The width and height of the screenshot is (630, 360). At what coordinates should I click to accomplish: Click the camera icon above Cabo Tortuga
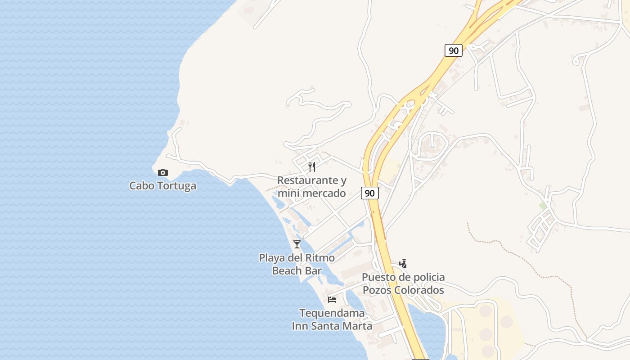[x=163, y=172]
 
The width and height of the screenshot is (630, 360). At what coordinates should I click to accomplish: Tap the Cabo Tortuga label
[x=163, y=185]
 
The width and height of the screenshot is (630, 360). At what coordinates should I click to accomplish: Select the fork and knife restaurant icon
[x=312, y=167]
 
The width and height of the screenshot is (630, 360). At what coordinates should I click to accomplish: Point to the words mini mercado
[x=311, y=193]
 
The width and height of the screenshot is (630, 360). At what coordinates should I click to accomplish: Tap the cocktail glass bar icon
[x=297, y=244]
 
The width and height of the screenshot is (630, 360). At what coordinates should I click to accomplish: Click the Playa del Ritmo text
[x=297, y=258]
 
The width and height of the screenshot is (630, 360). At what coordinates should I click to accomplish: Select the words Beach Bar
[x=297, y=270]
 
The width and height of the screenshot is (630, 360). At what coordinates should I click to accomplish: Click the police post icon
[x=403, y=264]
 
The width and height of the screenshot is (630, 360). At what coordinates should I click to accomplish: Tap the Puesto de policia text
[x=403, y=277]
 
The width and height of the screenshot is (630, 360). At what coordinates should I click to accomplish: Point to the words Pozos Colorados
[x=403, y=290]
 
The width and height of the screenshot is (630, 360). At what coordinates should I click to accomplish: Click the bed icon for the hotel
[x=332, y=299]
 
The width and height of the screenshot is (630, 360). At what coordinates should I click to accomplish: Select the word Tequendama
[x=332, y=313]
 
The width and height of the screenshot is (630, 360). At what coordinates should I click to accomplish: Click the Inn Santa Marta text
[x=332, y=326]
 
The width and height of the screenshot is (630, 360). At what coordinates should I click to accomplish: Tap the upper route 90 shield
[x=454, y=50]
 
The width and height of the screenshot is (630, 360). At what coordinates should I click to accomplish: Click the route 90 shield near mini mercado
[x=369, y=193]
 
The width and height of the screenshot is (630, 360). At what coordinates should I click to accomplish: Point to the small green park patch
[x=543, y=206]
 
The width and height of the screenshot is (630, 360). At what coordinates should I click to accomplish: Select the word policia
[x=426, y=277]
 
